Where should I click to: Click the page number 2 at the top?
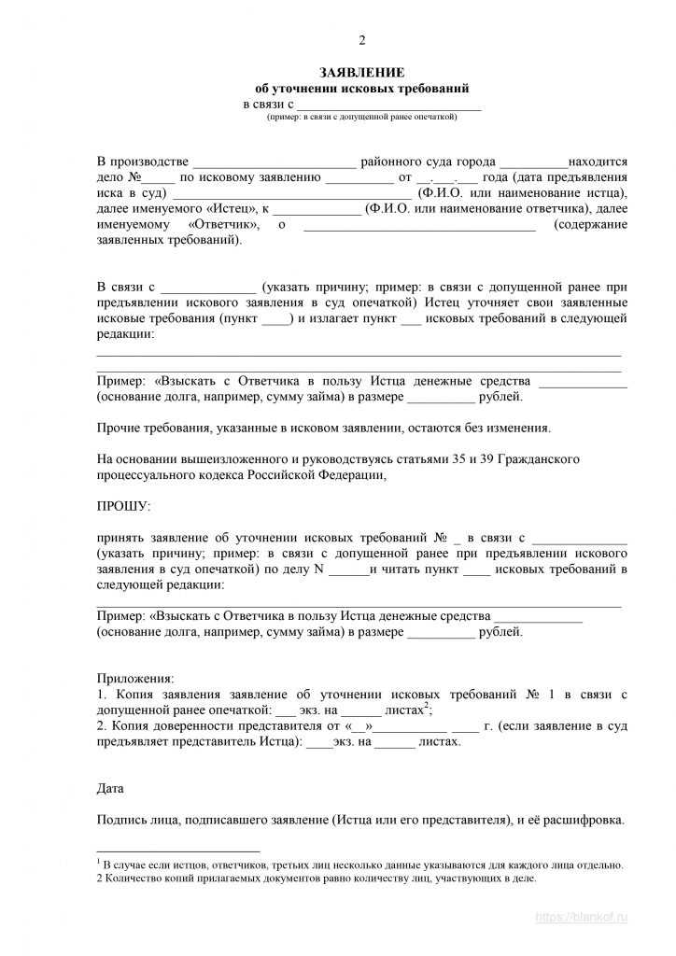point(362,39)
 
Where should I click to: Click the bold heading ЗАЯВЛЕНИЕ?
point(362,72)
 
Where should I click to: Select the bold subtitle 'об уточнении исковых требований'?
point(362,88)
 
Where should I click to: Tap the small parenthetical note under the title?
point(362,117)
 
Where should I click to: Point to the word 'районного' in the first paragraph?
point(391,162)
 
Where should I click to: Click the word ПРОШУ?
point(122,506)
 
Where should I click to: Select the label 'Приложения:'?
point(135,679)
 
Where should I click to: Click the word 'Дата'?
point(110,788)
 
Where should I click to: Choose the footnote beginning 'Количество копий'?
point(322,879)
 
